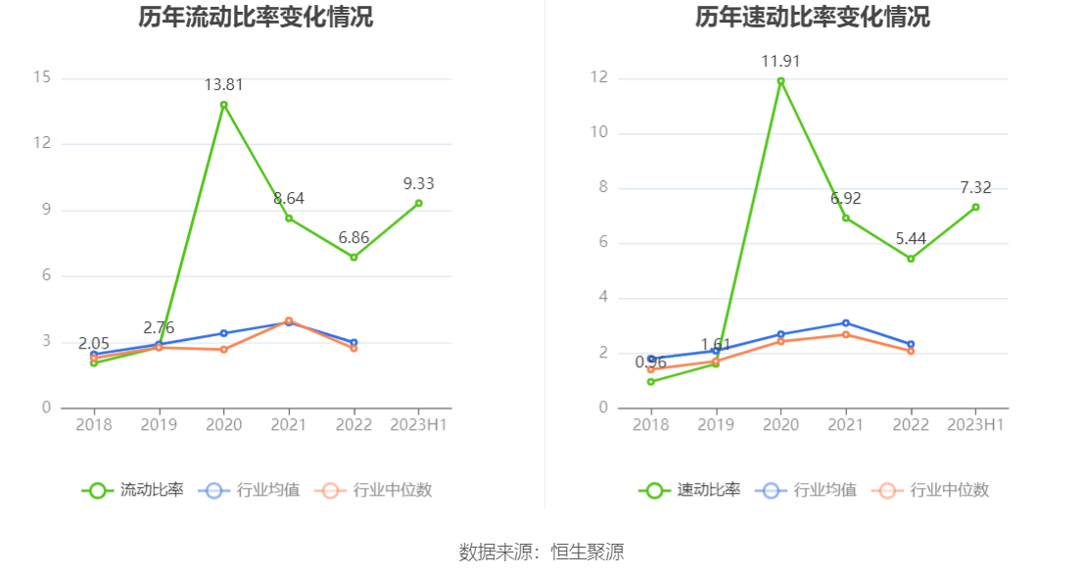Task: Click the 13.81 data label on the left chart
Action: (x=223, y=85)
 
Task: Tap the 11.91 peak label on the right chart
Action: (x=780, y=62)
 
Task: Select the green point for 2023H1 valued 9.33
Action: (x=418, y=203)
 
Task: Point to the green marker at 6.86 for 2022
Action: (x=353, y=257)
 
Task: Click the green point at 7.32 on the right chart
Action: (x=975, y=207)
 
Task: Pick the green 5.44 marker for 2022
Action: (x=911, y=259)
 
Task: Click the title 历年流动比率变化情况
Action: (x=256, y=17)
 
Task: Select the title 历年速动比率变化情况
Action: (x=813, y=17)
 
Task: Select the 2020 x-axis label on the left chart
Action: (x=223, y=424)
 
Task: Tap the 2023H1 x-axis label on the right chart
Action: (x=975, y=424)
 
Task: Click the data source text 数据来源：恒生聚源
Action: (x=541, y=552)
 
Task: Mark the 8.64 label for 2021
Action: (x=288, y=198)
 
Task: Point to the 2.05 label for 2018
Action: (x=94, y=343)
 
